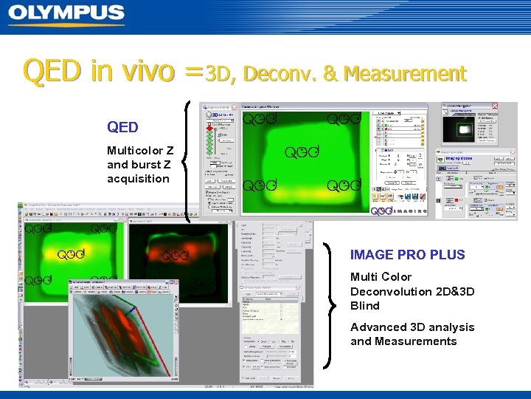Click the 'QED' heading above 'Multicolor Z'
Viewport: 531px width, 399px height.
click(x=122, y=128)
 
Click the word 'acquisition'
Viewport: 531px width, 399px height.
click(x=138, y=179)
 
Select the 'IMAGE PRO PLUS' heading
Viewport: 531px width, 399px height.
click(x=407, y=255)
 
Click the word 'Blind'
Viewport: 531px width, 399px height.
click(x=365, y=306)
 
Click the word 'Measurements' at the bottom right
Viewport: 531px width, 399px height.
click(x=403, y=341)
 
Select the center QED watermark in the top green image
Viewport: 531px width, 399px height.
click(x=302, y=152)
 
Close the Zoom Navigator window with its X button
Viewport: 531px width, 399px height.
click(x=494, y=106)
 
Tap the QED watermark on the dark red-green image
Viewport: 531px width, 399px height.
click(x=175, y=256)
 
